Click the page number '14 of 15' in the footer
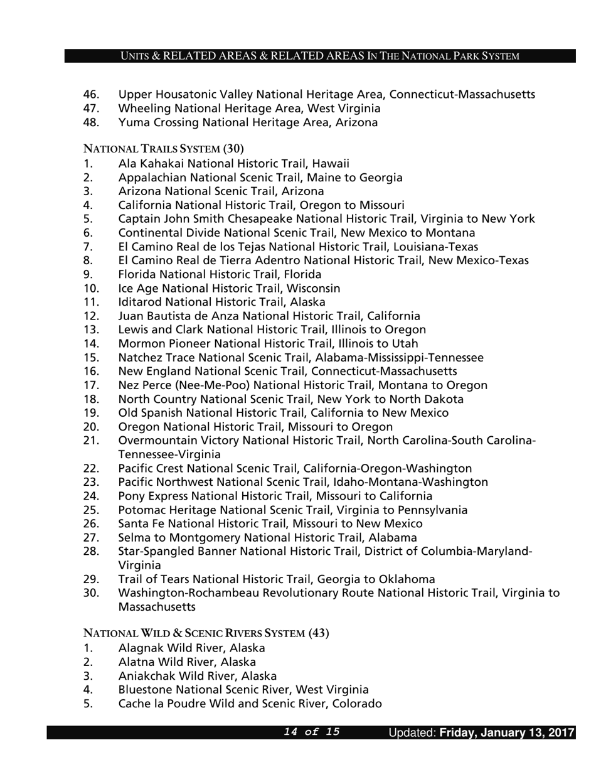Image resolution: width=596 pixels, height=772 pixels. coord(312,732)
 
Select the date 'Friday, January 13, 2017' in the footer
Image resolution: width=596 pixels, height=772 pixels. coord(507,732)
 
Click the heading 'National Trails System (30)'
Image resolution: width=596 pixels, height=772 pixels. coord(163,149)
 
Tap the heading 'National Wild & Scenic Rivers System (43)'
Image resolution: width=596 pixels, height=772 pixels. coord(206,633)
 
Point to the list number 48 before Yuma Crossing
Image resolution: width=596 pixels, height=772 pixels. coord(91,122)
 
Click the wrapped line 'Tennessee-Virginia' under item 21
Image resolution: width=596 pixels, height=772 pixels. coord(169,454)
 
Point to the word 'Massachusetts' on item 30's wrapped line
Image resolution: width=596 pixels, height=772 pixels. coord(156,607)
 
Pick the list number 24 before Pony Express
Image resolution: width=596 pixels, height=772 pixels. coord(91,496)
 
